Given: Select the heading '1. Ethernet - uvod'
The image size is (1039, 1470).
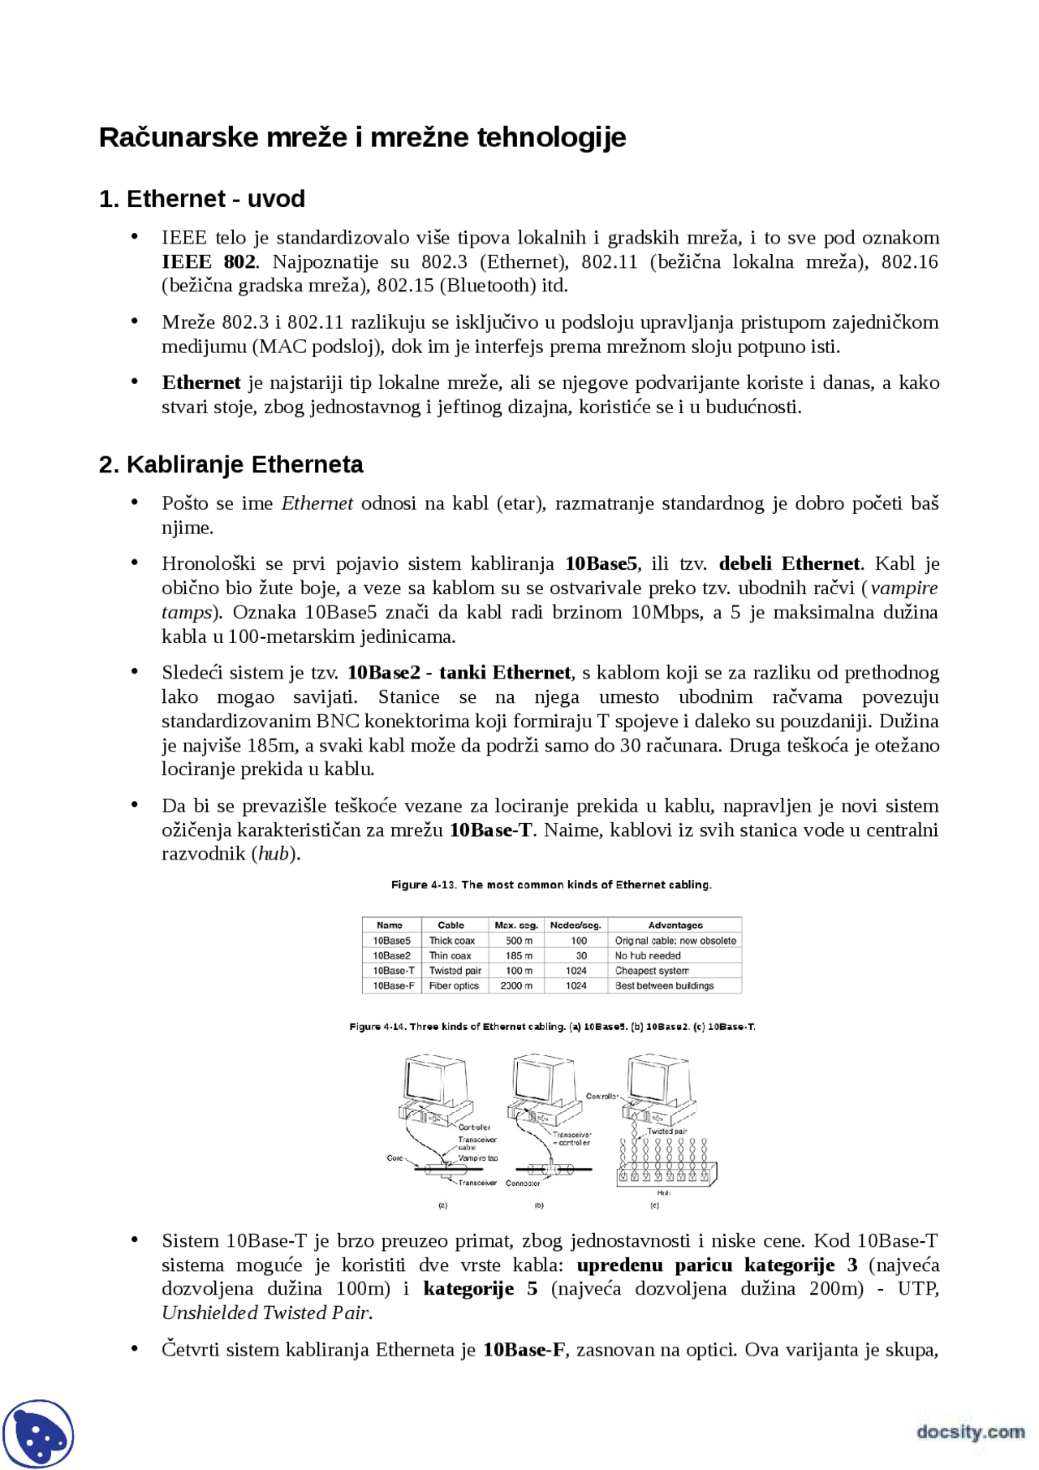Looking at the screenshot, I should (201, 199).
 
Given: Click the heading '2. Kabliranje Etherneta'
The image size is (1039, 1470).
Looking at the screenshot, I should (231, 464).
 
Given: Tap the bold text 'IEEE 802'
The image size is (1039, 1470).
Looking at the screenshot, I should (209, 261).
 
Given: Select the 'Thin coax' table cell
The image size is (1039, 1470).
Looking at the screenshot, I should (450, 955).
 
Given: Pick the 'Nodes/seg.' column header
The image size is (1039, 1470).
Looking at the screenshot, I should (576, 925).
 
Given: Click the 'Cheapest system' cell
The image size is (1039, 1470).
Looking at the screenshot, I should (652, 971).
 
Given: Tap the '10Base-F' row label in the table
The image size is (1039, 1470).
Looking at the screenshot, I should (393, 985).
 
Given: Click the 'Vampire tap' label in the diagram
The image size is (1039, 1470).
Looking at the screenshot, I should (478, 1158).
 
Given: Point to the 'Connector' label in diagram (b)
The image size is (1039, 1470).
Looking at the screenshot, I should (523, 1183).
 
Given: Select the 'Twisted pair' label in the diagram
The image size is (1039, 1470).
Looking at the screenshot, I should (666, 1131).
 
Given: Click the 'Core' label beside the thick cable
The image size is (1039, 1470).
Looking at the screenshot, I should (394, 1158).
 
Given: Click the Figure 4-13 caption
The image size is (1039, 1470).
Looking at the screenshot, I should (551, 885).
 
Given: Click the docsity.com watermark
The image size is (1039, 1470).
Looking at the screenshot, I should (970, 1432).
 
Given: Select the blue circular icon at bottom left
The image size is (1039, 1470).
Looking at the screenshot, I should (38, 1434).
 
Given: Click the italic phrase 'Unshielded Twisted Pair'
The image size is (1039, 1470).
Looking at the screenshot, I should (265, 1313).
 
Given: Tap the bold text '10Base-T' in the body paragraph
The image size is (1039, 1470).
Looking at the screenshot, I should (490, 830).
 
